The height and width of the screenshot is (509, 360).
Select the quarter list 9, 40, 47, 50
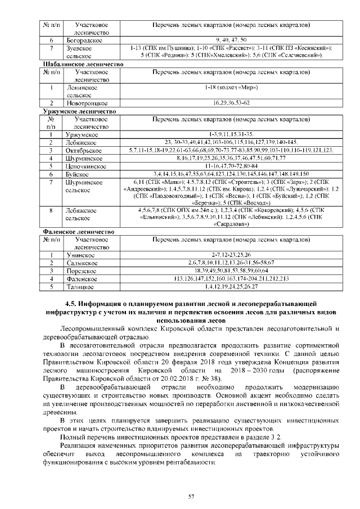point(231,40)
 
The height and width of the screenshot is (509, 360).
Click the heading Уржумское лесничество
point(78,111)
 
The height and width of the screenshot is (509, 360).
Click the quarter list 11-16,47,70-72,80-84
point(231,166)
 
